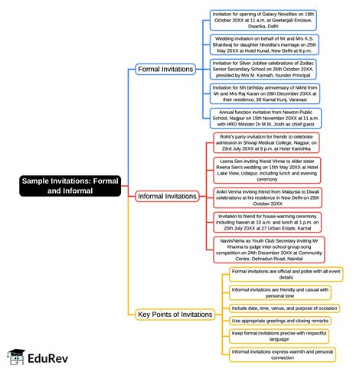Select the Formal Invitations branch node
click(165, 70)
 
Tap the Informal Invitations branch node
click(167, 197)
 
